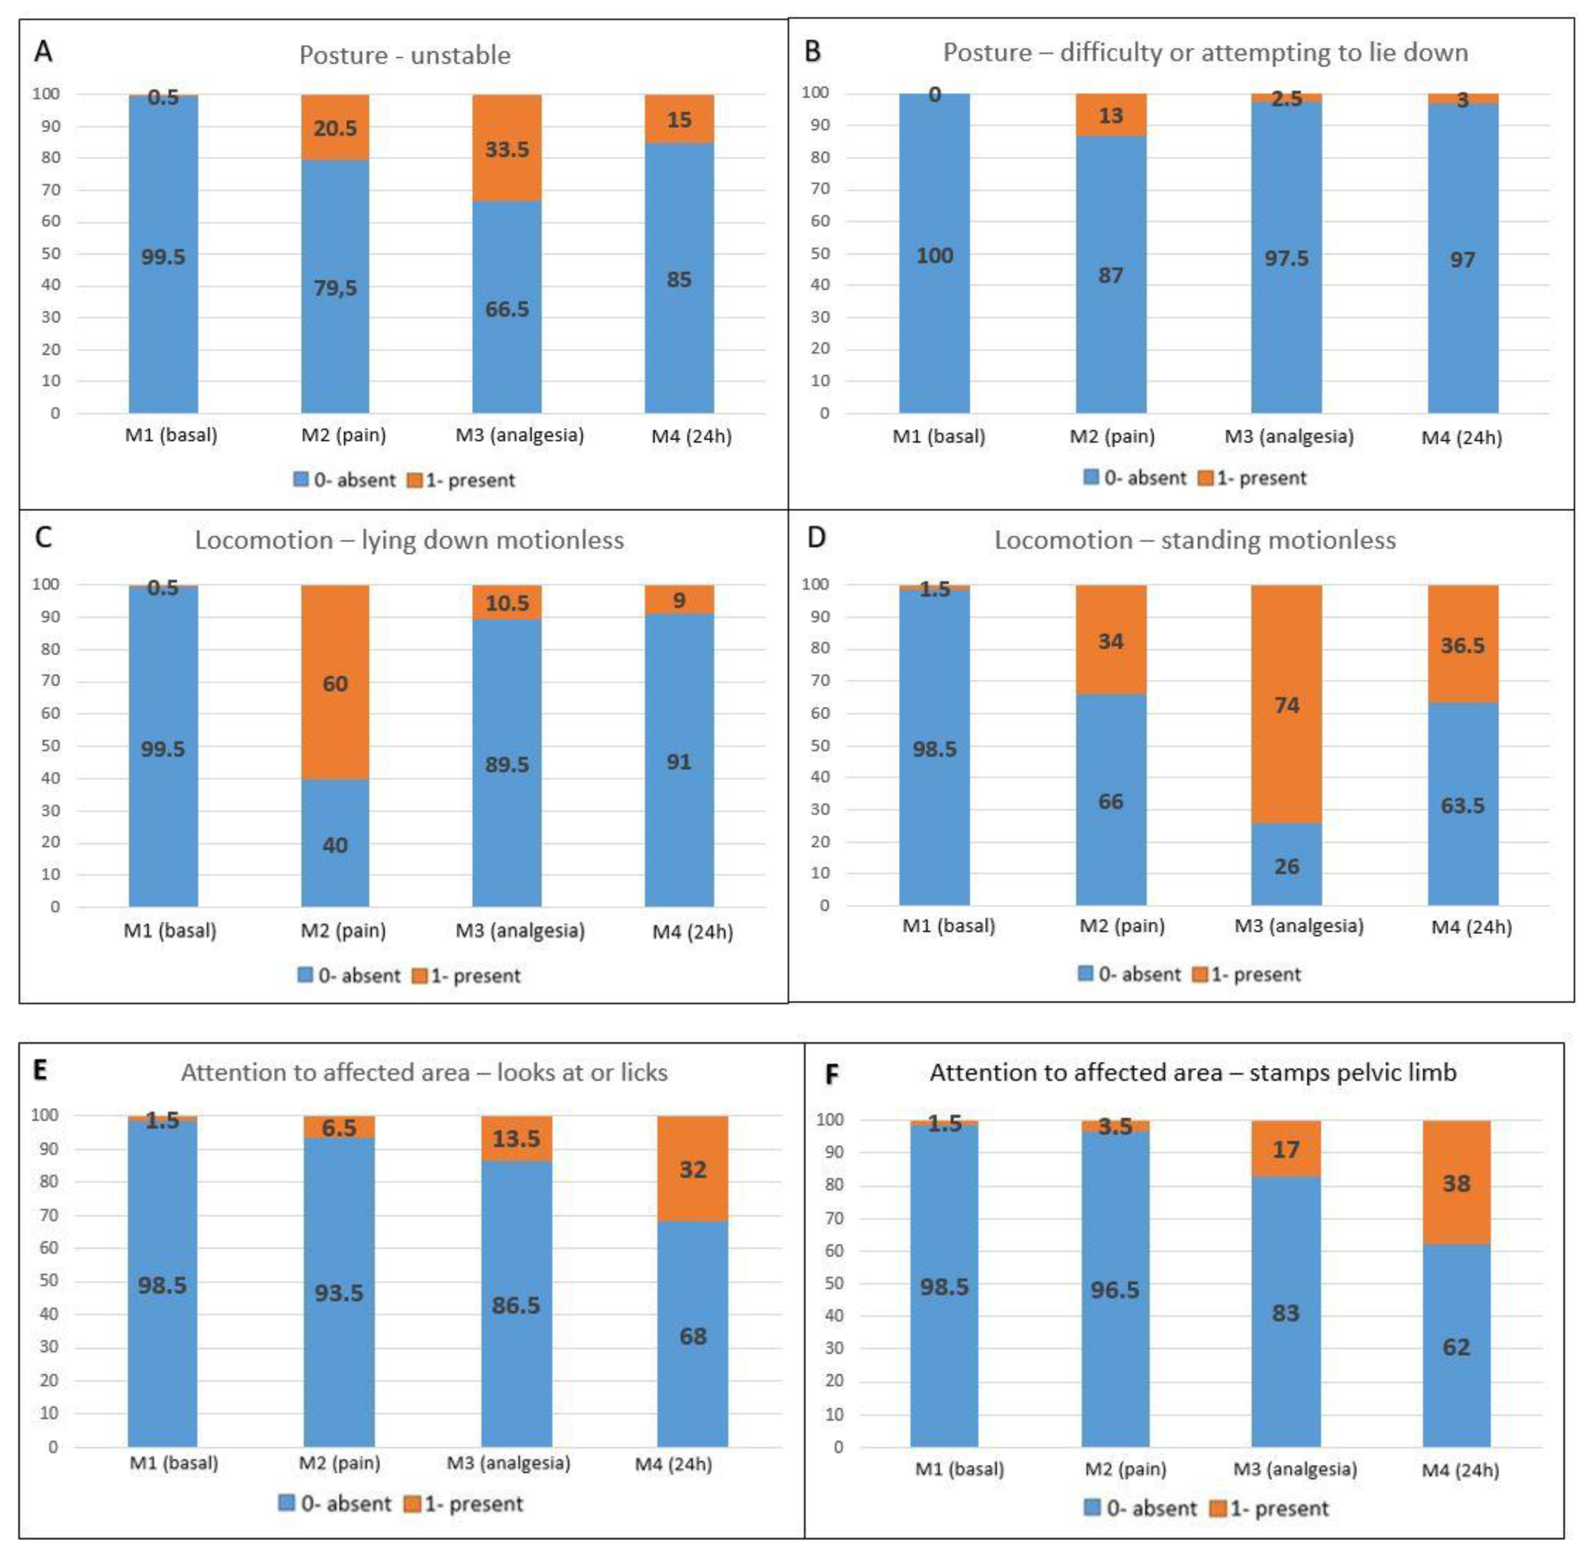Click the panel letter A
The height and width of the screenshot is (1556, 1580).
point(43,52)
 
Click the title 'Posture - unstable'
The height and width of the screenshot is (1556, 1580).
point(404,56)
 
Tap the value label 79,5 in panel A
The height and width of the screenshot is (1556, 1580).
point(335,288)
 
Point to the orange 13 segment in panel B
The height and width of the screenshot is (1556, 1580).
point(1110,115)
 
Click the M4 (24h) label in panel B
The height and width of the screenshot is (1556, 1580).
point(1461,438)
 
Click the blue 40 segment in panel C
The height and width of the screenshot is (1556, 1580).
point(335,844)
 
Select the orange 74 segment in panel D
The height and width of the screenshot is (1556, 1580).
point(1286,705)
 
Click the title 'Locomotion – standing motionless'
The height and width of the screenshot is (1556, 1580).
point(1195,540)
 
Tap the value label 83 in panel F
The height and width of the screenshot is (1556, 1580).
point(1286,1313)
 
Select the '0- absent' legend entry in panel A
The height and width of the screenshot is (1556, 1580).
point(345,480)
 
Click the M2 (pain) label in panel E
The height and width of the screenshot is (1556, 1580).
point(339,1463)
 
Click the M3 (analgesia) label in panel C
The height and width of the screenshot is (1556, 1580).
point(520,931)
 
